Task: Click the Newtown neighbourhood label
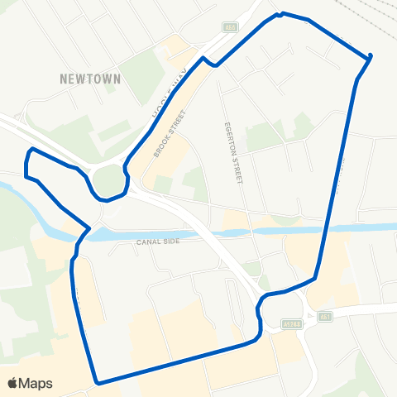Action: click(x=91, y=79)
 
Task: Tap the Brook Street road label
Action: click(x=166, y=132)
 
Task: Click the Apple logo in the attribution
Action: click(x=12, y=383)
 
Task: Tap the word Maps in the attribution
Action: click(x=36, y=383)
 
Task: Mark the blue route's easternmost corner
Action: click(x=370, y=57)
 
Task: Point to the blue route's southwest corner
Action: click(x=98, y=383)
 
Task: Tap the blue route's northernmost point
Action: click(x=282, y=13)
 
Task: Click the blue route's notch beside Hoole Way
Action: click(x=210, y=61)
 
